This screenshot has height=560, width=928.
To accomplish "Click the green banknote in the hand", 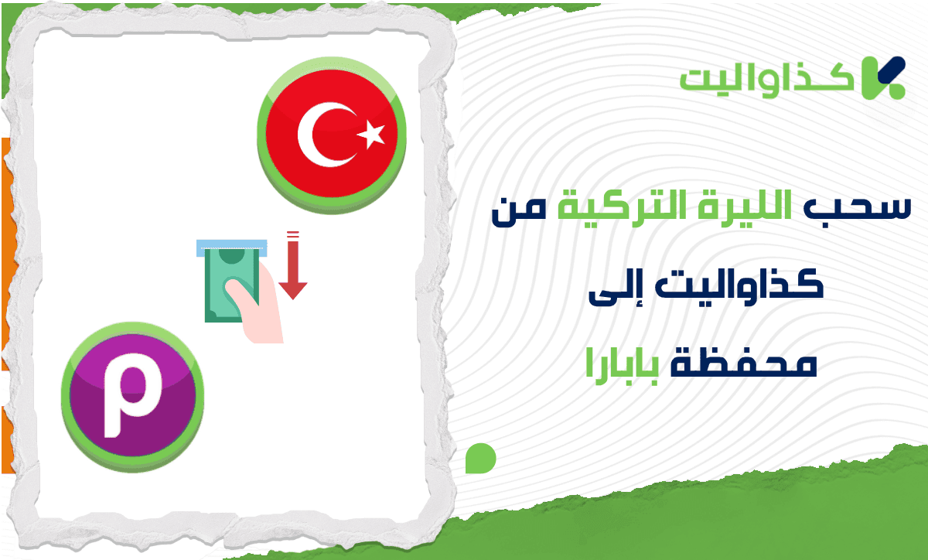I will [231, 282].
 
